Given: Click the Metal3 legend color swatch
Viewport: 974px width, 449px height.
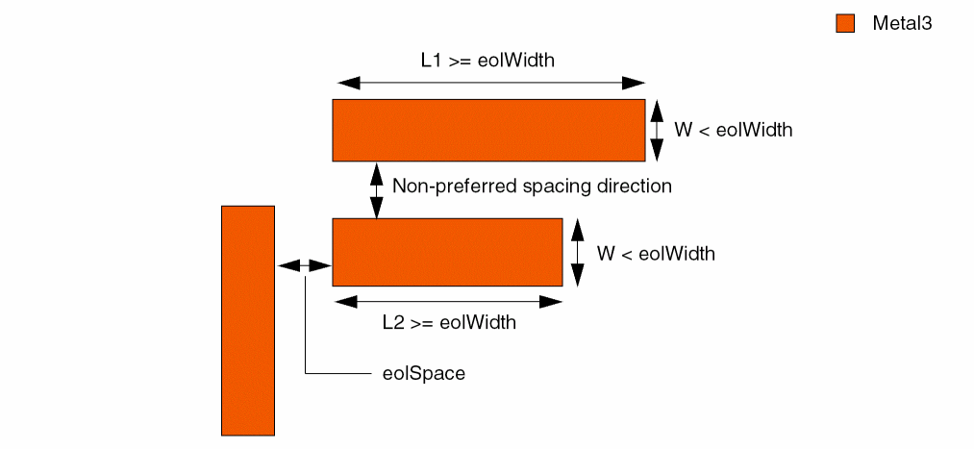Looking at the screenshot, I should point(845,24).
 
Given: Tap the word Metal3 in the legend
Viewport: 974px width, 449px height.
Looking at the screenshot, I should point(902,24).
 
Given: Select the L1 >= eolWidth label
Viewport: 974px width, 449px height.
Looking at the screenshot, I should point(487,60).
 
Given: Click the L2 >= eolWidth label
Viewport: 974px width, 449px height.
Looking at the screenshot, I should point(449,322).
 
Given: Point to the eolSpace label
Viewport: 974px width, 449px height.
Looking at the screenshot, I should point(424,373).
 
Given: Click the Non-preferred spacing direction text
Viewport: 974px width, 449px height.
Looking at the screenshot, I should point(533,186).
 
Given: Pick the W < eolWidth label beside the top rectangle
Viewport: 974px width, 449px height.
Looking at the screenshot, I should point(734,130).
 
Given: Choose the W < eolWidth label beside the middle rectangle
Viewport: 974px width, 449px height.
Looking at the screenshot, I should point(656,254).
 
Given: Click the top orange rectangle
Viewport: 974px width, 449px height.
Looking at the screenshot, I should point(488,130).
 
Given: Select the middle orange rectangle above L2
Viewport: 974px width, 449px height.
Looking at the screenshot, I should point(447,252).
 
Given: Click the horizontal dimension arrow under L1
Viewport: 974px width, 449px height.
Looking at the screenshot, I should point(488,82).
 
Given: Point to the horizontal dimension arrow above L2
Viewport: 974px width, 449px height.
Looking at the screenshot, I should point(447,301).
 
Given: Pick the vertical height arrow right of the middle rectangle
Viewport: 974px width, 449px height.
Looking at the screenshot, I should point(577,252).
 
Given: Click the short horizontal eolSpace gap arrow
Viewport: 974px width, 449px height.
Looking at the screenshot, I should point(304,264).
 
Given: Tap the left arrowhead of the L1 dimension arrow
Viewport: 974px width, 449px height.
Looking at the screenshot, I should point(343,82).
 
